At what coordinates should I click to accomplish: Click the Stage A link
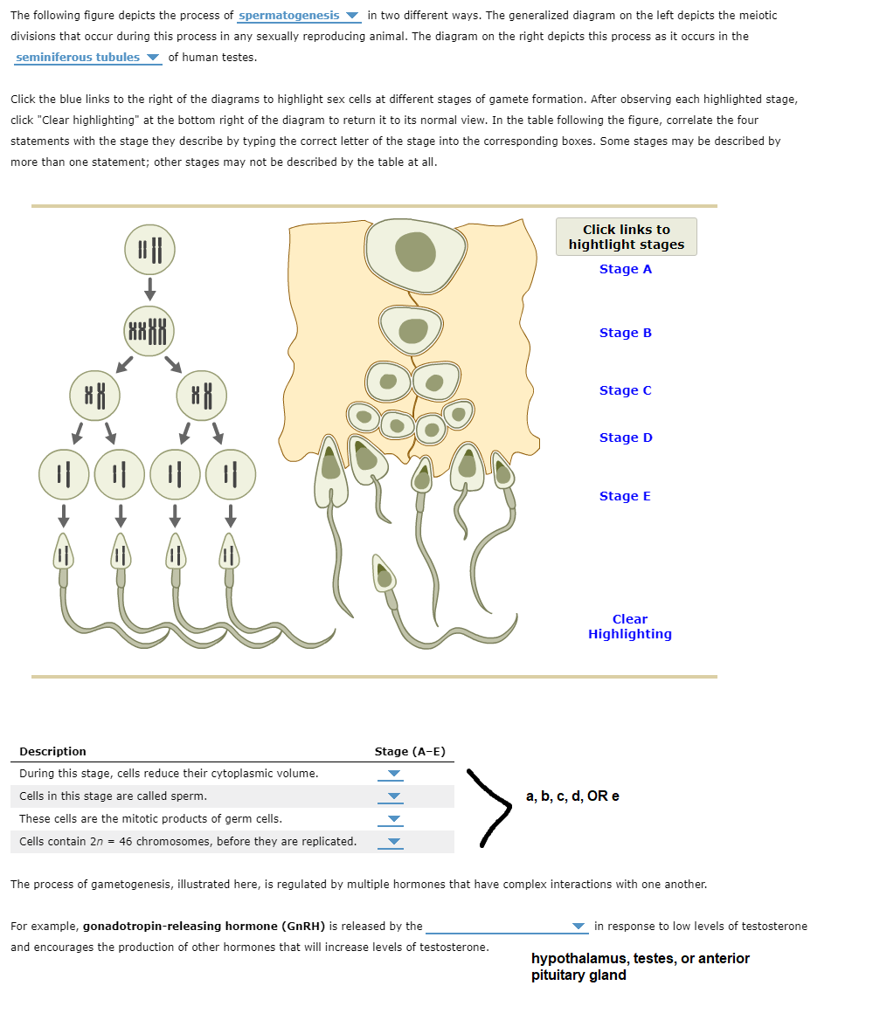[625, 269]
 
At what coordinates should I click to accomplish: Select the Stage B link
[625, 333]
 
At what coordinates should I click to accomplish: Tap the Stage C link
[625, 390]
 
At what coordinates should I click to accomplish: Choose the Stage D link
[625, 438]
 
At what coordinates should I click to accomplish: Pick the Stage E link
[625, 496]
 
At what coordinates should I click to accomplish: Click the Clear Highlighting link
[629, 626]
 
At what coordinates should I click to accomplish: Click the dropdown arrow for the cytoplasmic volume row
[394, 774]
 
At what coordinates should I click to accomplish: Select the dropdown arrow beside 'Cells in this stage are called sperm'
[394, 796]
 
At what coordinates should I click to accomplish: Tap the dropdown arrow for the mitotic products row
[394, 819]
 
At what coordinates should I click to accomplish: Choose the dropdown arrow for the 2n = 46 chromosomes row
[394, 842]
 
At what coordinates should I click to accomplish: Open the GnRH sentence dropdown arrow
[578, 927]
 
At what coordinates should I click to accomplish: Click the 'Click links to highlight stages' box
[626, 237]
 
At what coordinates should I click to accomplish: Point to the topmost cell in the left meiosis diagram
[150, 246]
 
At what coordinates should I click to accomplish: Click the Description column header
[52, 751]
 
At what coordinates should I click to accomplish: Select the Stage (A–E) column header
[410, 751]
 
